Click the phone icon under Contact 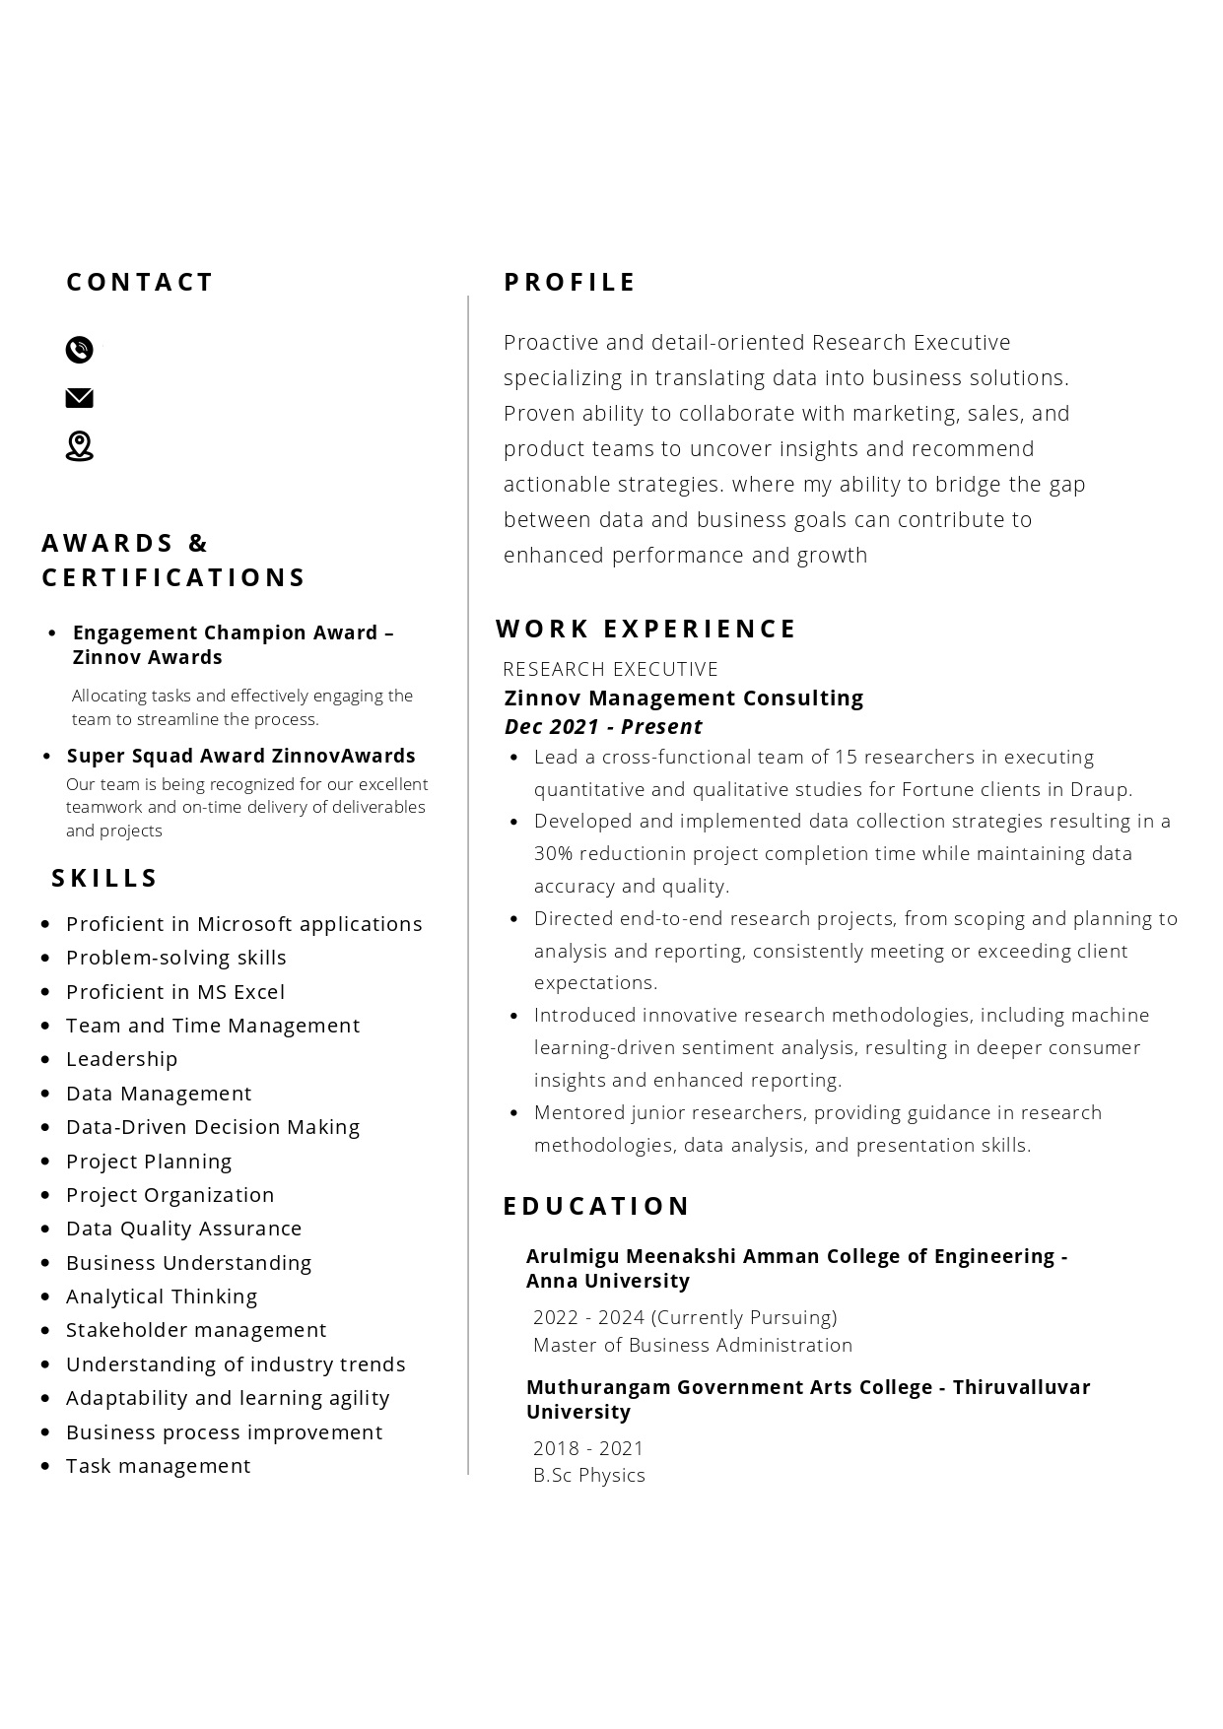pos(79,350)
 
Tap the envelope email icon pos(79,398)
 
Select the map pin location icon pos(79,446)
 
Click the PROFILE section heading pos(570,283)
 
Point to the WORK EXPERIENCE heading pos(645,629)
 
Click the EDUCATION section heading pos(596,1206)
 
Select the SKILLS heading pos(104,878)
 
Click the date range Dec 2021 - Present pos(603,727)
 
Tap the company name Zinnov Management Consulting pos(683,698)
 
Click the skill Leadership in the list pos(121,1059)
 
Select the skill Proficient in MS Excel pos(174,992)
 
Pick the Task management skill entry pos(158,1466)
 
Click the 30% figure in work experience pos(552,853)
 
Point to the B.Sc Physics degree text pos(588,1475)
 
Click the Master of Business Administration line pos(692,1345)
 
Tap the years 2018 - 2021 pos(587,1448)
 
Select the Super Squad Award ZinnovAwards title pos(240,756)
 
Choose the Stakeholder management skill pos(195,1330)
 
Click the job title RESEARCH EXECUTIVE pos(610,669)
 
